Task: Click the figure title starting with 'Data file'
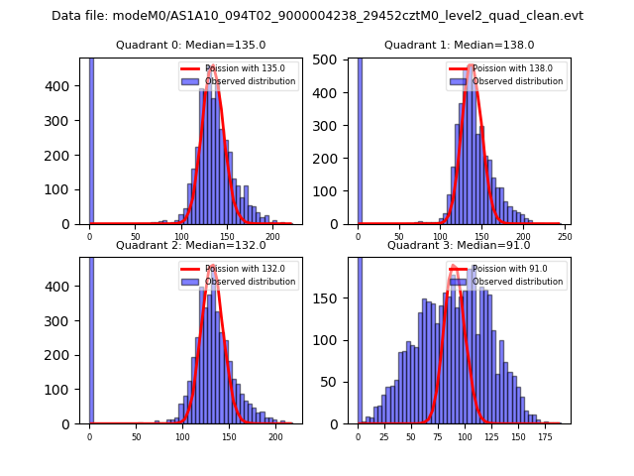click(x=317, y=16)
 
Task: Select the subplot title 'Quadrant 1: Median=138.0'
click(x=459, y=45)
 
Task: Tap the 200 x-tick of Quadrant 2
click(x=275, y=435)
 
